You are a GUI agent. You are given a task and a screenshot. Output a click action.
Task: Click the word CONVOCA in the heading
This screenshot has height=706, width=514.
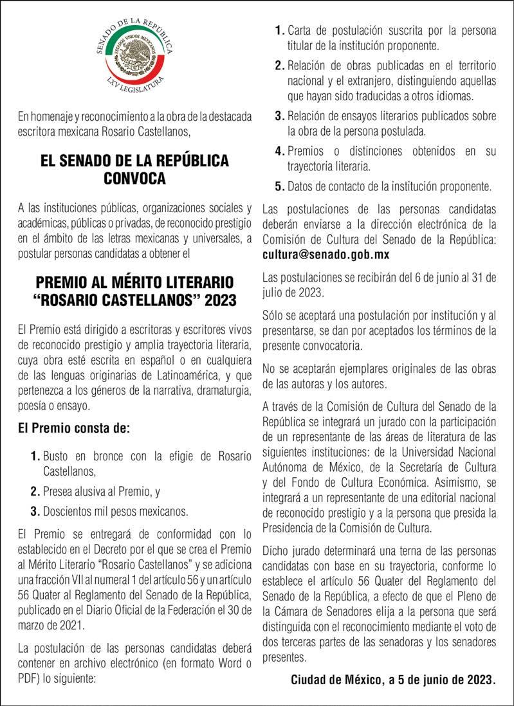(x=134, y=178)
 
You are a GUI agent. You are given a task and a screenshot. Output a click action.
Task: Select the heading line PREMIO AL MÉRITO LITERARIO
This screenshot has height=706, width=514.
(x=134, y=283)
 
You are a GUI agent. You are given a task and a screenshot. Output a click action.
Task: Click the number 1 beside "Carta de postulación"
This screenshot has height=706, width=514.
(x=279, y=30)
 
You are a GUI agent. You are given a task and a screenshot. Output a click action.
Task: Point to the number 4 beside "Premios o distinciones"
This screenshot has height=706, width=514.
(x=279, y=151)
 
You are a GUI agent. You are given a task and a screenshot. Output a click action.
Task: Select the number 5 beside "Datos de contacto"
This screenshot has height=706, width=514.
(x=279, y=187)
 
